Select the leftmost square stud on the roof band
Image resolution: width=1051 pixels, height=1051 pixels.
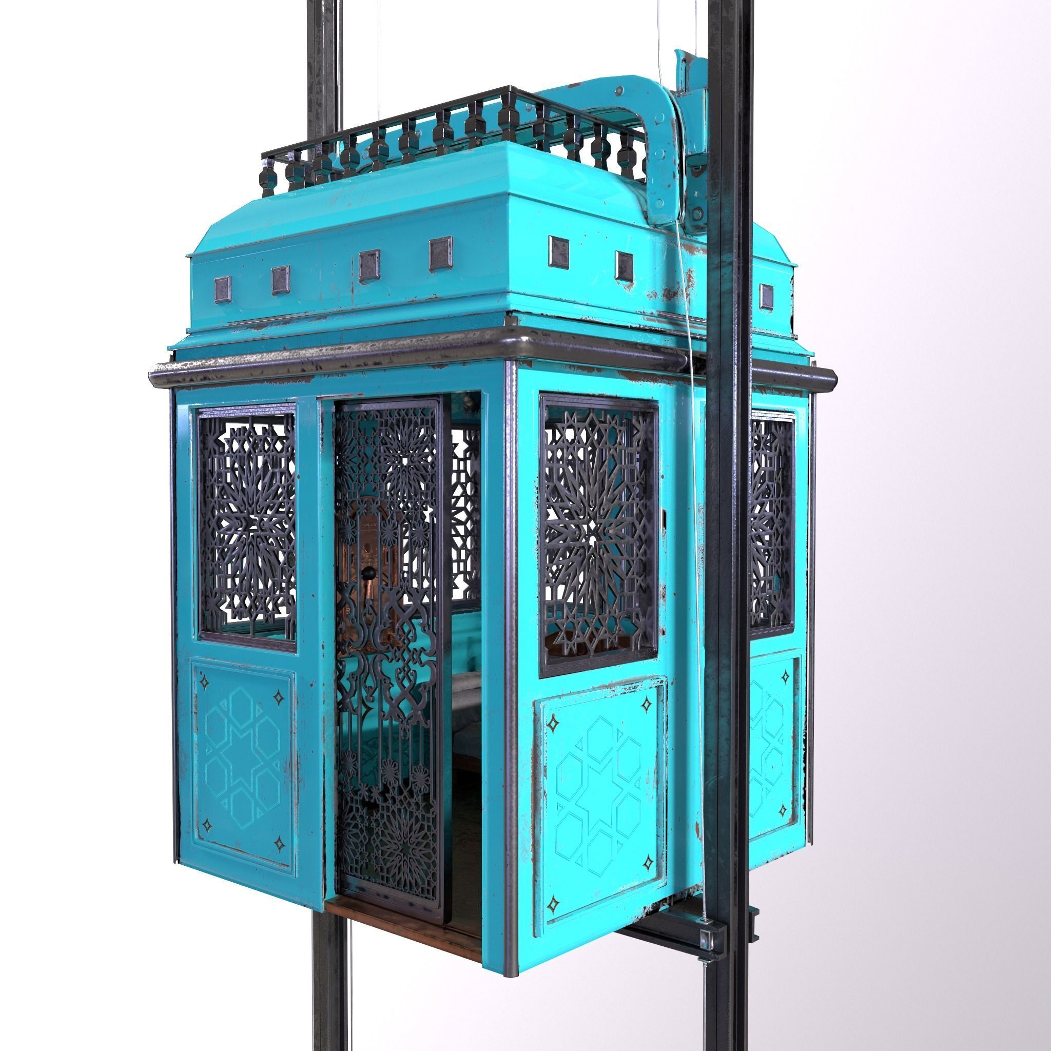pyautogui.click(x=223, y=289)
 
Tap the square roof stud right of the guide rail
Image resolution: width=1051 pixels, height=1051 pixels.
pyautogui.click(x=766, y=297)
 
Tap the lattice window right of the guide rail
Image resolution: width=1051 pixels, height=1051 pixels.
pyautogui.click(x=771, y=522)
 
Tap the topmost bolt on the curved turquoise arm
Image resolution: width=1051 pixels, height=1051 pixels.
pyautogui.click(x=618, y=90)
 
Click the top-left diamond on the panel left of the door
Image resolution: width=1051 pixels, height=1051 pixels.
pyautogui.click(x=205, y=682)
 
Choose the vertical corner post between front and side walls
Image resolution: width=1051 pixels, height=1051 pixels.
pyautogui.click(x=510, y=664)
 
